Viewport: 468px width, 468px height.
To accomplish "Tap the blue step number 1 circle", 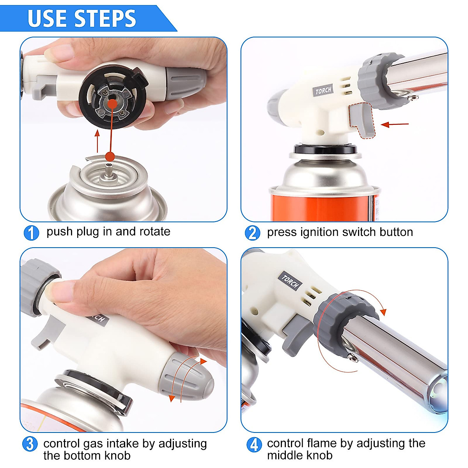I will (x=31, y=233).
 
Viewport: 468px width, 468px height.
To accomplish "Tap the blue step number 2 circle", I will (x=252, y=233).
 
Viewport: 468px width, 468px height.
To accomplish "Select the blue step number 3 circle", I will (x=30, y=444).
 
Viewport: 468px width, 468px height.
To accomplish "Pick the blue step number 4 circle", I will (x=254, y=444).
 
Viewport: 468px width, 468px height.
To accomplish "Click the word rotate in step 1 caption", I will (x=155, y=232).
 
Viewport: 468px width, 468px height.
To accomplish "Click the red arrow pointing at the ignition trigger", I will (x=395, y=125).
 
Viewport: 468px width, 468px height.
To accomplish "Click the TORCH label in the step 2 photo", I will (x=323, y=91).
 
